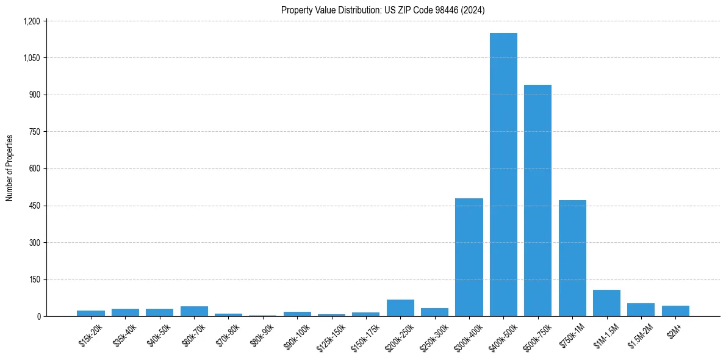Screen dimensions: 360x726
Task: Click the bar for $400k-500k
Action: tap(503, 175)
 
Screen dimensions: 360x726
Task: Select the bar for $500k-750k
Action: tap(537, 201)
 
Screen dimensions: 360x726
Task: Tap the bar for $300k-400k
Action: tap(469, 257)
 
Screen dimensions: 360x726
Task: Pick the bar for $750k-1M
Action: tap(572, 258)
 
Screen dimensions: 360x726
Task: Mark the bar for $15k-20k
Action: tap(91, 314)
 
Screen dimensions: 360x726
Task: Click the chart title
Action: tap(383, 10)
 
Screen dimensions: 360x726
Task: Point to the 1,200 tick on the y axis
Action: tap(31, 21)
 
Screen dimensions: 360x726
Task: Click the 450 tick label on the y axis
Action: tap(34, 206)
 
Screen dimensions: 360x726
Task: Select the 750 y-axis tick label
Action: tap(34, 132)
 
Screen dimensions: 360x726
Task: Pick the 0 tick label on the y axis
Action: tap(38, 317)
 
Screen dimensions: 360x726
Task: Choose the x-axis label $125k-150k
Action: tap(331, 336)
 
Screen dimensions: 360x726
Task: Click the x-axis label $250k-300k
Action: tap(434, 336)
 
